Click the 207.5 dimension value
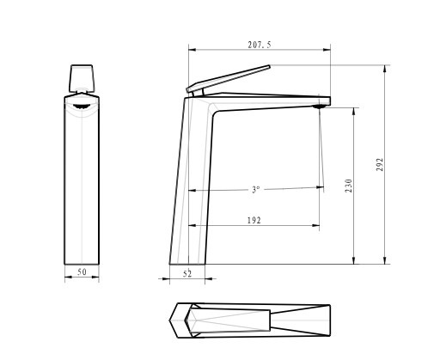[x=259, y=45]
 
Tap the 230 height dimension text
[x=348, y=186]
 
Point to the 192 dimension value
[x=254, y=221]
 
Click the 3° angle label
[x=255, y=190]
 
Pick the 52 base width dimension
[x=187, y=273]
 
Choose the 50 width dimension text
[x=83, y=272]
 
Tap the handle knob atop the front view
[x=82, y=78]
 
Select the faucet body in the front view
[x=82, y=180]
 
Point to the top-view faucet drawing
[x=250, y=320]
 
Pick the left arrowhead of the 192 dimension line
[x=192, y=226]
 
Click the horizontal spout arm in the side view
[x=266, y=99]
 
